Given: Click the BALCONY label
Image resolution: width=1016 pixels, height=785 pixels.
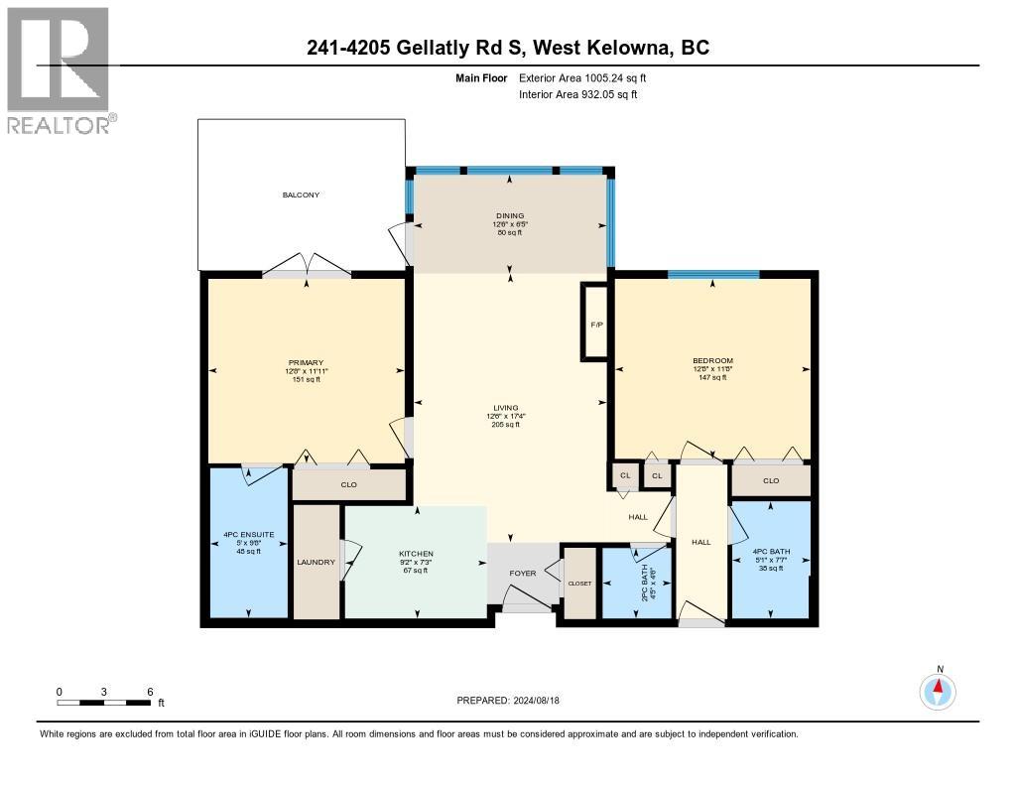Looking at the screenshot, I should point(301,196).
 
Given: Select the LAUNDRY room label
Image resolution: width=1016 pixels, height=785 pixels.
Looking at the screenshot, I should point(317,563).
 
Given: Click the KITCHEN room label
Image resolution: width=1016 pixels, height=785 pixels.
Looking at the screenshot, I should point(416,554).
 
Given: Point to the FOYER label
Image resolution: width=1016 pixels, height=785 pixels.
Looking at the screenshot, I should point(522,574).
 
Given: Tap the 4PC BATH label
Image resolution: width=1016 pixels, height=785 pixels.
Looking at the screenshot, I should point(769,552).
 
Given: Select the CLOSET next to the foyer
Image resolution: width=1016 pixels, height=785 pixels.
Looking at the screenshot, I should point(578,584).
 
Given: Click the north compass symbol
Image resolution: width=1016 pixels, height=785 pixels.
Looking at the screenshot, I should point(938,691).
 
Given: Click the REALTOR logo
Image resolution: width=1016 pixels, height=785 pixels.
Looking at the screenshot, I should point(59,70).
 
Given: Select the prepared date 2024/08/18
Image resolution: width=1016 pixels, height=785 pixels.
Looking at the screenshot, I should point(515,701).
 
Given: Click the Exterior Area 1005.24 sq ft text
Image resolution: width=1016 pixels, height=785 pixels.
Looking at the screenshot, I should point(585,77).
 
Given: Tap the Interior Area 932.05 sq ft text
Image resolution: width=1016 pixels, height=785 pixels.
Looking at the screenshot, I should point(578,94).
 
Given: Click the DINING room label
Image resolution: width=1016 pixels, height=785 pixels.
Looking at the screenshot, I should point(510,215).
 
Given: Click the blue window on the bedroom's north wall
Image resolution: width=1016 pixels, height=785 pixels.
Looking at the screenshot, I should point(713,275).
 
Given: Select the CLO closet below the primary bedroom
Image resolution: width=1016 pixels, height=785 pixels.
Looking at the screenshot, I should point(348,485).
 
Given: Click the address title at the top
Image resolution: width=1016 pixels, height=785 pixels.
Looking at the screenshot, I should point(508,48).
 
